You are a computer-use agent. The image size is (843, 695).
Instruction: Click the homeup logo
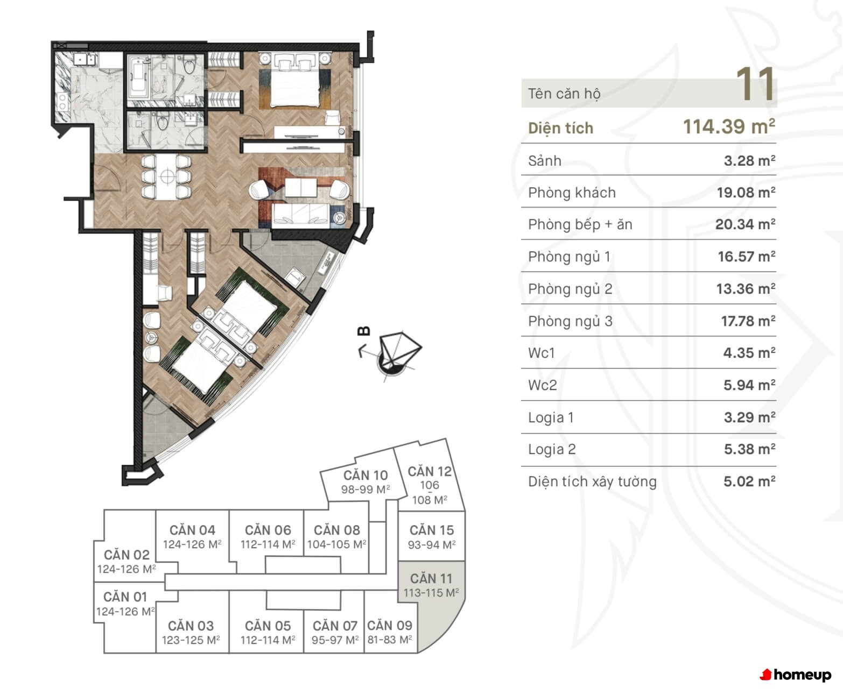pos(796,675)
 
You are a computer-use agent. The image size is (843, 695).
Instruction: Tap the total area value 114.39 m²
pos(729,126)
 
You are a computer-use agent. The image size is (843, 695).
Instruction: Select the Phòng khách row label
pos(572,193)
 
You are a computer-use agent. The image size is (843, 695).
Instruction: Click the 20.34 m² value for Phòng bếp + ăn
pos(745,224)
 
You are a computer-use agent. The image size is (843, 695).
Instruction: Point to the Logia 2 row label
pos(552,449)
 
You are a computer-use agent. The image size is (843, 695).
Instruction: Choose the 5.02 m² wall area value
pos(749,481)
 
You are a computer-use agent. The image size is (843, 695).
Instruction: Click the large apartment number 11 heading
pos(755,84)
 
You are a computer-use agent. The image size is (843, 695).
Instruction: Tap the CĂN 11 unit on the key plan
pos(431,585)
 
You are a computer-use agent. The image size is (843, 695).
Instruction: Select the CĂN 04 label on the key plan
pos(192,530)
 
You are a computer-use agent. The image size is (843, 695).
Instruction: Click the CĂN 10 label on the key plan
pos(366,475)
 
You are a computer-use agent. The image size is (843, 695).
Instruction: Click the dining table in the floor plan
pos(167,176)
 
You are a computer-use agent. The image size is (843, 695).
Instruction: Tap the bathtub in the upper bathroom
pos(137,79)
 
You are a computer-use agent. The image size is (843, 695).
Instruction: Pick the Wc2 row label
pos(542,385)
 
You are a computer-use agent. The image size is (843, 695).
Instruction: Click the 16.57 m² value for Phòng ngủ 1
pos(747,257)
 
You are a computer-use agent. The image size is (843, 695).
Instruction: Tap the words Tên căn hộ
pos(564,94)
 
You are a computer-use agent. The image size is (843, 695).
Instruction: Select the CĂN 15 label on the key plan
pos(432,530)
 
